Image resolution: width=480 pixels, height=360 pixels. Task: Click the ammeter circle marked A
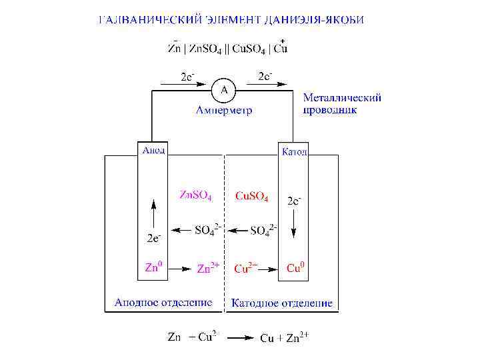click(224, 89)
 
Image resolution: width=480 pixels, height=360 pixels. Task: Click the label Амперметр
click(224, 110)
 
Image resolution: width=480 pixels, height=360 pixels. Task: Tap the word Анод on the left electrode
click(153, 150)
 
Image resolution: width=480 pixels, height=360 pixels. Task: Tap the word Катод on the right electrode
click(294, 152)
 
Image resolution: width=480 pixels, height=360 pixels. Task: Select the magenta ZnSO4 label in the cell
click(197, 196)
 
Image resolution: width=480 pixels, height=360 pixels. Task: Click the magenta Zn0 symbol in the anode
click(153, 268)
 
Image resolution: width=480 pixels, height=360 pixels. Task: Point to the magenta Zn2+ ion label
click(208, 269)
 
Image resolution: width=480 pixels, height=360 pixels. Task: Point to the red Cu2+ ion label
click(245, 268)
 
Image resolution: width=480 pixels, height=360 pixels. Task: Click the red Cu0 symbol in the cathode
click(295, 268)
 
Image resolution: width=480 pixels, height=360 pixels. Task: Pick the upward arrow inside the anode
click(154, 214)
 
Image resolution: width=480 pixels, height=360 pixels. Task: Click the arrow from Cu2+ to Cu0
click(268, 269)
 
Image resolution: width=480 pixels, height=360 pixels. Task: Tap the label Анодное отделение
click(163, 302)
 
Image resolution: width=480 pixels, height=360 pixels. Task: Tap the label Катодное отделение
click(281, 303)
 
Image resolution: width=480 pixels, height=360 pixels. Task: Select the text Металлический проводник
click(342, 103)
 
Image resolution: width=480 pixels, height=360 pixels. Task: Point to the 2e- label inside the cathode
click(294, 201)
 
